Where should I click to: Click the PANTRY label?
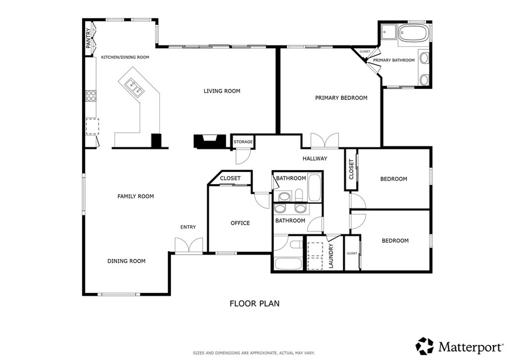coord(88,38)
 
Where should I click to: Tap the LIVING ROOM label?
coord(222,91)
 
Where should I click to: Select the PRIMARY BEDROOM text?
coord(341,98)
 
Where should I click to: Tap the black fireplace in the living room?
coord(210,141)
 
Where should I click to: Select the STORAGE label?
coord(243,142)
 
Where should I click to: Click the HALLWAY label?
coord(315,159)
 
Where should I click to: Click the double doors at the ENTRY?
coord(189,245)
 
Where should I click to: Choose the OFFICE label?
coord(240,223)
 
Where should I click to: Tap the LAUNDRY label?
coord(331,256)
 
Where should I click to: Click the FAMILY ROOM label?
coord(135,196)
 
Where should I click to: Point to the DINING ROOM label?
coord(126,261)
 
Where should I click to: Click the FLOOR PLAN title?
coord(254,303)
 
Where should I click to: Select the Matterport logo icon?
coord(425,346)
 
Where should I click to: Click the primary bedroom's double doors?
coord(325,141)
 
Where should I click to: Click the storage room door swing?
coord(243,157)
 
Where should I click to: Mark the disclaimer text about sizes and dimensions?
coord(254,353)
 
